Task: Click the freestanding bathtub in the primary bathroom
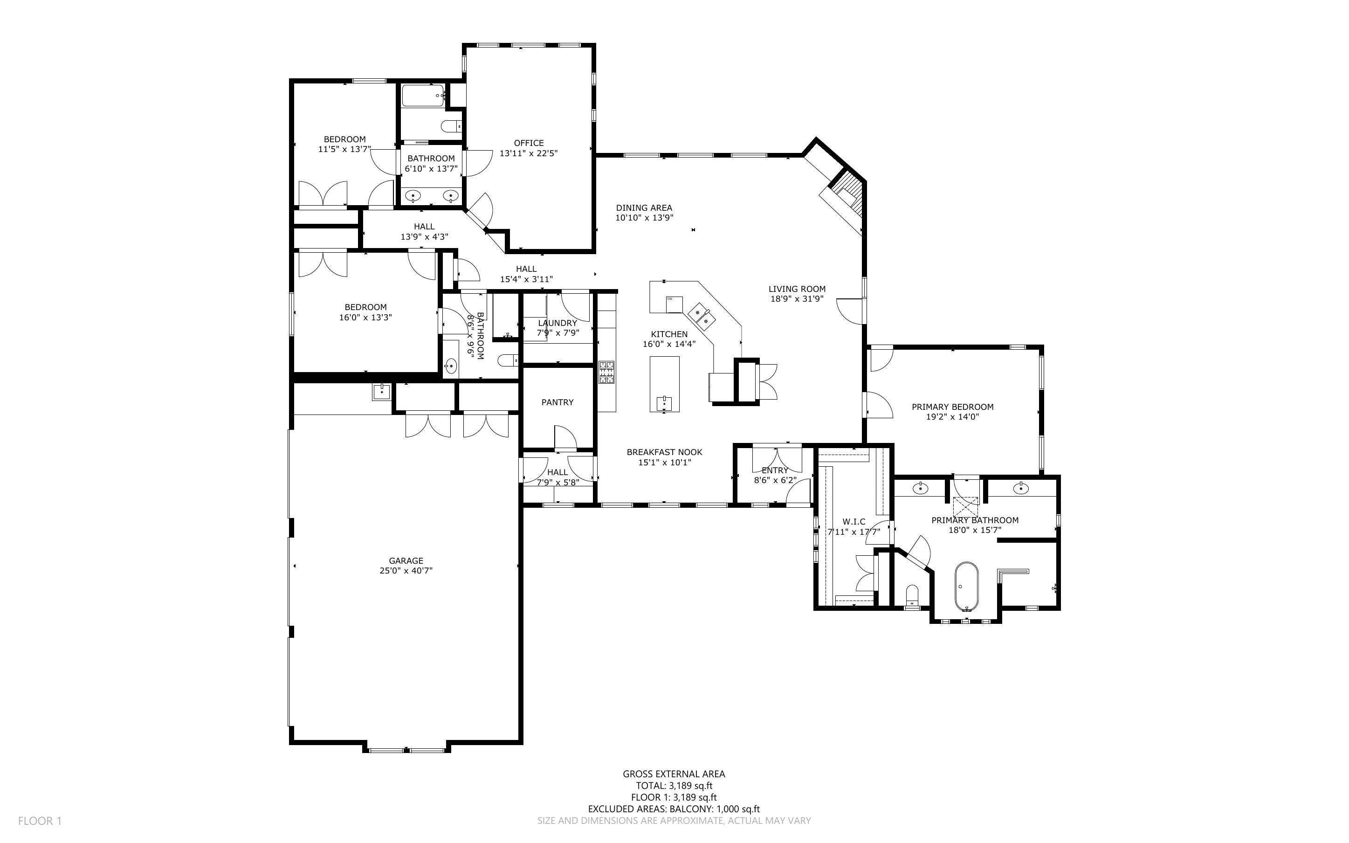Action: [x=966, y=587]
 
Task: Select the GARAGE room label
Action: [x=406, y=560]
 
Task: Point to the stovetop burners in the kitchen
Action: [x=607, y=373]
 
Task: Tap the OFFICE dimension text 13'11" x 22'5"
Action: [x=528, y=153]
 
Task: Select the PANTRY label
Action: [x=557, y=402]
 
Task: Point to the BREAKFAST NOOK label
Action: [x=664, y=452]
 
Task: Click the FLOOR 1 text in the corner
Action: [x=40, y=821]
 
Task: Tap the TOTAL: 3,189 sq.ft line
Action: [x=674, y=786]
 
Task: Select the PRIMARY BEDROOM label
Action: [x=952, y=407]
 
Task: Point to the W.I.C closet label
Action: [x=853, y=522]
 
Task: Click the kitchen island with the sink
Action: [x=664, y=385]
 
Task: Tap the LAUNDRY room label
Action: [x=557, y=323]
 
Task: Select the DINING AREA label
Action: [x=644, y=208]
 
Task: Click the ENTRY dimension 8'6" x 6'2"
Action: [x=775, y=480]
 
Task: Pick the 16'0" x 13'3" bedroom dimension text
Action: [x=365, y=317]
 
